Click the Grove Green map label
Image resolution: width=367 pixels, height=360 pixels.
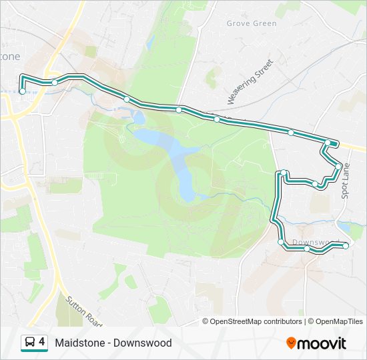pyautogui.click(x=251, y=23)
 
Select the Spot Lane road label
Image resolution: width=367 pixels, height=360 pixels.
pyautogui.click(x=346, y=181)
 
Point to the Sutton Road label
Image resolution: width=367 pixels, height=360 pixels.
pyautogui.click(x=83, y=311)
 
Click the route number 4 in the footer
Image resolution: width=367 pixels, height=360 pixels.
pyautogui.click(x=42, y=342)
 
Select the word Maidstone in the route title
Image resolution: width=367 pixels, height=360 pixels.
pyautogui.click(x=80, y=343)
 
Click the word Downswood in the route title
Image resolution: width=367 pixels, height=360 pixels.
pyautogui.click(x=142, y=343)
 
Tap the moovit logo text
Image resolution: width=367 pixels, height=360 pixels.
pyautogui.click(x=322, y=343)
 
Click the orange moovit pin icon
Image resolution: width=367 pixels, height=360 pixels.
pyautogui.click(x=291, y=343)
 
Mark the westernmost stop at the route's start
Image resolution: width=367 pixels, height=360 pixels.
pyautogui.click(x=23, y=91)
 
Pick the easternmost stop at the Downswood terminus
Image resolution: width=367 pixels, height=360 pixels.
pyautogui.click(x=346, y=246)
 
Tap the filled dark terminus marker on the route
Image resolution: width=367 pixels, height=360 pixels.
pyautogui.click(x=333, y=143)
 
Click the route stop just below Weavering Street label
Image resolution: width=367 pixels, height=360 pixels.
pyautogui.click(x=217, y=119)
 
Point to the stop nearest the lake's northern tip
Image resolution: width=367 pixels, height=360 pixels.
pyautogui.click(x=127, y=99)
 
